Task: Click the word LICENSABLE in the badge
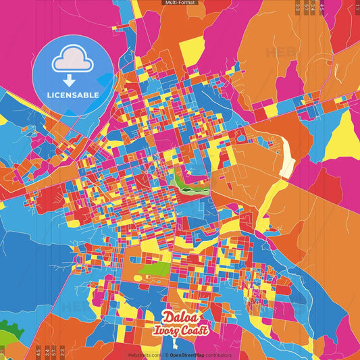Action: (73, 95)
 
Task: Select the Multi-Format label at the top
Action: (180, 3)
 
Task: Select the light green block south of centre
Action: (155, 271)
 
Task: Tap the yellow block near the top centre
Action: (192, 47)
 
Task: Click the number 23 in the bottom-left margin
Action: (62, 351)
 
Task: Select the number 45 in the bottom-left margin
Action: (38, 351)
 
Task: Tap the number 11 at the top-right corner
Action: (356, 8)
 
